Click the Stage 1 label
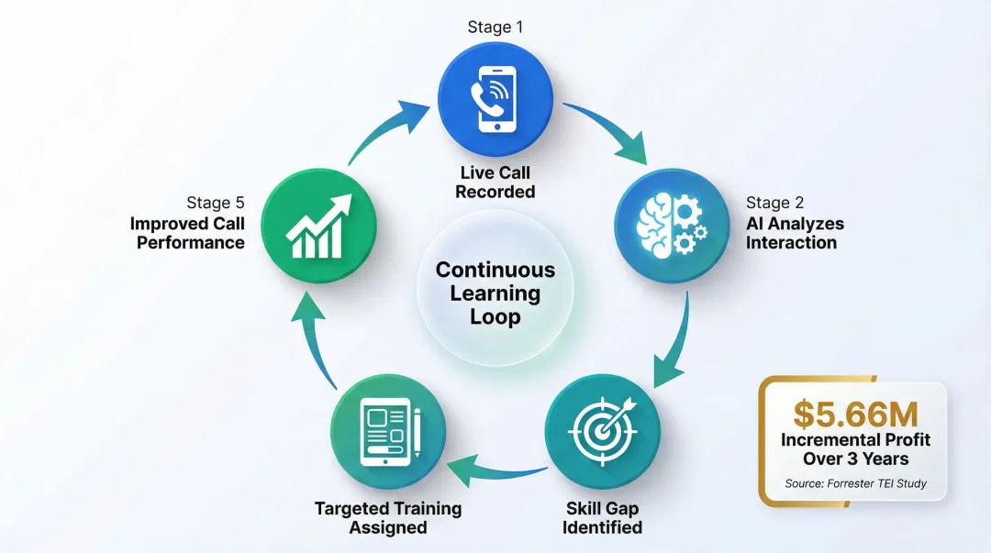pyautogui.click(x=495, y=27)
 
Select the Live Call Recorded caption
pyautogui.click(x=495, y=182)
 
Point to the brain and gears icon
pyautogui.click(x=669, y=223)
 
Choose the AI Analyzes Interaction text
pyautogui.click(x=793, y=233)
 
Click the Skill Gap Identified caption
pyautogui.click(x=602, y=517)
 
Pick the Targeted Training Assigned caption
pyautogui.click(x=388, y=517)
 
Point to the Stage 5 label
pyautogui.click(x=216, y=203)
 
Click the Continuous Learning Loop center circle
pyautogui.click(x=495, y=293)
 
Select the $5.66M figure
pyautogui.click(x=855, y=414)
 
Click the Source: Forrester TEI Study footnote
pyautogui.click(x=855, y=483)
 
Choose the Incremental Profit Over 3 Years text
pyautogui.click(x=855, y=448)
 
